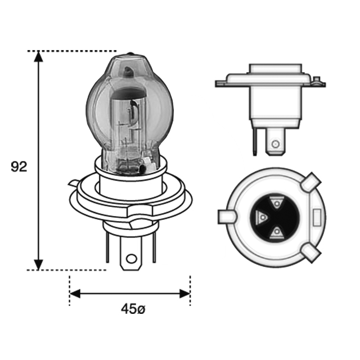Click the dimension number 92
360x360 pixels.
coord(19,167)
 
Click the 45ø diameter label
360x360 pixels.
coord(133,309)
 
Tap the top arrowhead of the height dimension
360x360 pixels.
coord(38,56)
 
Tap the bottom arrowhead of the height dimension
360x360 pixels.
coord(38,265)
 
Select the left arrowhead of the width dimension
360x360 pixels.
coord(75,294)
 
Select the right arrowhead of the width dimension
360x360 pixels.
coord(184,294)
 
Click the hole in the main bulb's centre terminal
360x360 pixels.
coord(131,259)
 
